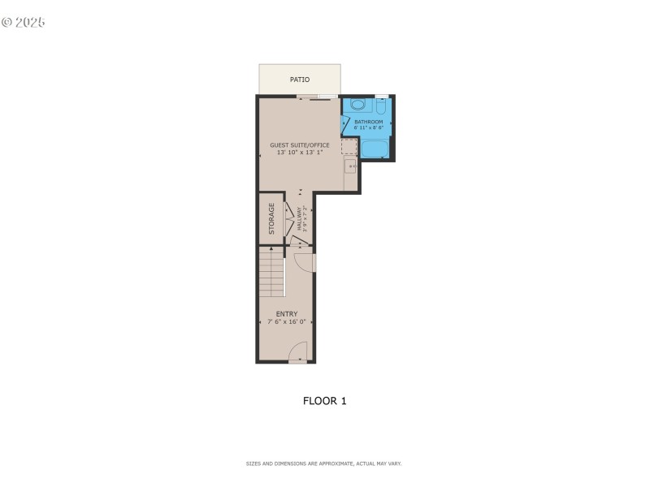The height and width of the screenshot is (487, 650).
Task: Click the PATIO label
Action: tap(300, 80)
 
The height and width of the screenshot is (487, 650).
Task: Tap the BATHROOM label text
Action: tap(368, 122)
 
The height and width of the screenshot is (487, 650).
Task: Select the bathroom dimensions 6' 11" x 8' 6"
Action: tap(368, 127)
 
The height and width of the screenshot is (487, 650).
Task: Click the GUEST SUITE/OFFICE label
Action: tap(300, 145)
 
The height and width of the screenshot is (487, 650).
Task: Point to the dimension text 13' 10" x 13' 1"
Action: tap(300, 152)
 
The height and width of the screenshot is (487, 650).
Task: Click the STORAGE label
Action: tap(271, 218)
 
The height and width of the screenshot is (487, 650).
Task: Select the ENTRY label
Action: tap(287, 314)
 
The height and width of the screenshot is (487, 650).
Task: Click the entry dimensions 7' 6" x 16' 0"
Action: tap(287, 321)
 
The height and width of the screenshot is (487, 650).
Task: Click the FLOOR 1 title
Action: tap(325, 400)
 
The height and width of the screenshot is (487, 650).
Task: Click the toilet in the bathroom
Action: tap(381, 106)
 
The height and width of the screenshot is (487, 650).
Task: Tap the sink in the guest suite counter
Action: tap(349, 166)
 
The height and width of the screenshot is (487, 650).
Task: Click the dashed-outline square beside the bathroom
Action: tap(349, 146)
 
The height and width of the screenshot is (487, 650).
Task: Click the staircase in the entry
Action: tap(271, 272)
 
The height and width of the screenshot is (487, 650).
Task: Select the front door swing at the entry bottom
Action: tap(298, 352)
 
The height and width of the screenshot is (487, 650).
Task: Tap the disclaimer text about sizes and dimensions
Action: tap(324, 463)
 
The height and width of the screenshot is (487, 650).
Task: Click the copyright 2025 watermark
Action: tap(24, 22)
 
